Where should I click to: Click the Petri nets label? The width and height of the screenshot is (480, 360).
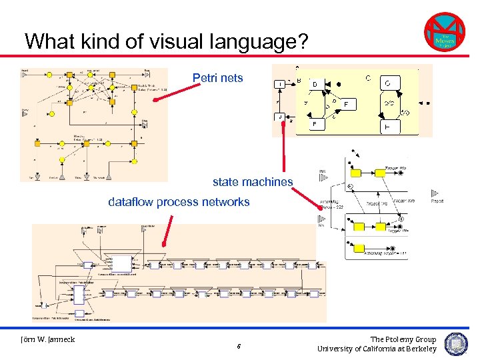[218, 79]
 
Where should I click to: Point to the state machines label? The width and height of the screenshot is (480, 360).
[253, 181]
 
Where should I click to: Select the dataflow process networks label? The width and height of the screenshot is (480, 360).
[179, 202]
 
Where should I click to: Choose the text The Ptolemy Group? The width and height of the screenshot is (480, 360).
[403, 339]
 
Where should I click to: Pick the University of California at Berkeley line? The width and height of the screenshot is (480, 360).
[377, 349]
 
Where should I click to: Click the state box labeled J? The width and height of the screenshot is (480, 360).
[281, 117]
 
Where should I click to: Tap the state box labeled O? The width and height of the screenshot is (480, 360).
[388, 83]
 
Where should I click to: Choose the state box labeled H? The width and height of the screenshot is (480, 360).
[388, 126]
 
